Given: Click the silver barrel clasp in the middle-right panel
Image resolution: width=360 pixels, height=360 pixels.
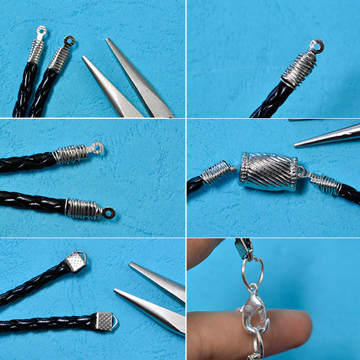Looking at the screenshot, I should pos(269,172).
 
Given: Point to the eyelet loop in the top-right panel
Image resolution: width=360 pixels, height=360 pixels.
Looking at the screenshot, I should pos(316,46).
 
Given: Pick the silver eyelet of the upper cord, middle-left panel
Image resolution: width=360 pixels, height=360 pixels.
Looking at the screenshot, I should pos(95,146).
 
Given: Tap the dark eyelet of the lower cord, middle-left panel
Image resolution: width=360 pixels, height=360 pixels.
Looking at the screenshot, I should pos(108,212).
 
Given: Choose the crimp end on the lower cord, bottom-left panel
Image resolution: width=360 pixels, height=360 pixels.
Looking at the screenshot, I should pos(104,322).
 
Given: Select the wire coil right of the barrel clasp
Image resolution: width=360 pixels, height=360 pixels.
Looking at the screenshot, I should pos(324,182).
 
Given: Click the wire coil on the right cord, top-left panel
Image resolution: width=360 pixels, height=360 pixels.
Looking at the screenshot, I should pos(59,59).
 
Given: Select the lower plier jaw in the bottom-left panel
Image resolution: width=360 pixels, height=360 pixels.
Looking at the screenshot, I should pos(150,310).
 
